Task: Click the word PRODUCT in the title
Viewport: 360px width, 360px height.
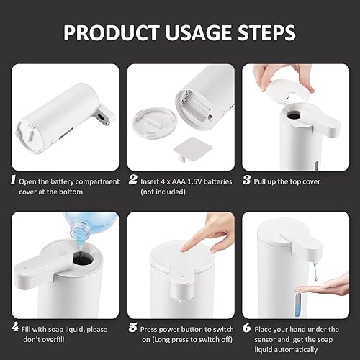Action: (104, 33)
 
